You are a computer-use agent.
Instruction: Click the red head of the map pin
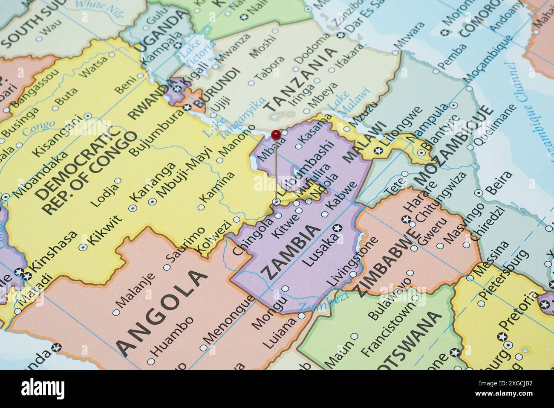(276, 135)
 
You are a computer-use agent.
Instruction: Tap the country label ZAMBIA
(291, 252)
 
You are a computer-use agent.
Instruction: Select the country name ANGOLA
(162, 312)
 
